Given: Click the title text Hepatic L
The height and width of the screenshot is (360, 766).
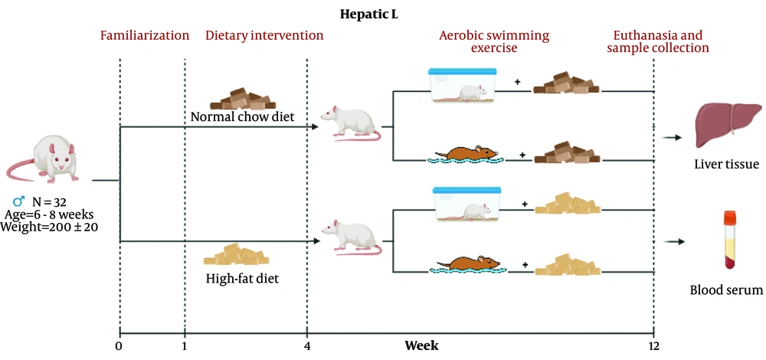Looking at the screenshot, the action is (x=370, y=14).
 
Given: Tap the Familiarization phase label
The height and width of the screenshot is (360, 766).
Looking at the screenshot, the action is (x=145, y=36).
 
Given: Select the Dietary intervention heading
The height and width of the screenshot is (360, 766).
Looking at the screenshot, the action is (x=264, y=36).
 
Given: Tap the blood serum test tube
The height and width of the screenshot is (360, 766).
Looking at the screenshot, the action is (x=730, y=239).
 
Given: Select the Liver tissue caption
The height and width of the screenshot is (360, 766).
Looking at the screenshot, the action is (x=726, y=165).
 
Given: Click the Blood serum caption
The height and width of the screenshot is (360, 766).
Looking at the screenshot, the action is (x=726, y=290).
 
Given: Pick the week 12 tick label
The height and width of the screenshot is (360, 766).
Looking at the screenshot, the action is (x=653, y=346).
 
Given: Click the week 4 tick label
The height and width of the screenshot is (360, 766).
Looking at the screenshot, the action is (x=307, y=346).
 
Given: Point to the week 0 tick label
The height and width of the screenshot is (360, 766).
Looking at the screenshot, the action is (x=119, y=346).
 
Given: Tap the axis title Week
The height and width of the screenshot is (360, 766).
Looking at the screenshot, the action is (x=421, y=346).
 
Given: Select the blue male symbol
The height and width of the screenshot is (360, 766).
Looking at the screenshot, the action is (x=19, y=200).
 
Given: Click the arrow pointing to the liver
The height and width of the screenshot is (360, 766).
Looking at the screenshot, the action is (x=672, y=138).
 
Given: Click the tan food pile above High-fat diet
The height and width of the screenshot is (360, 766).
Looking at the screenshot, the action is (x=237, y=254).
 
